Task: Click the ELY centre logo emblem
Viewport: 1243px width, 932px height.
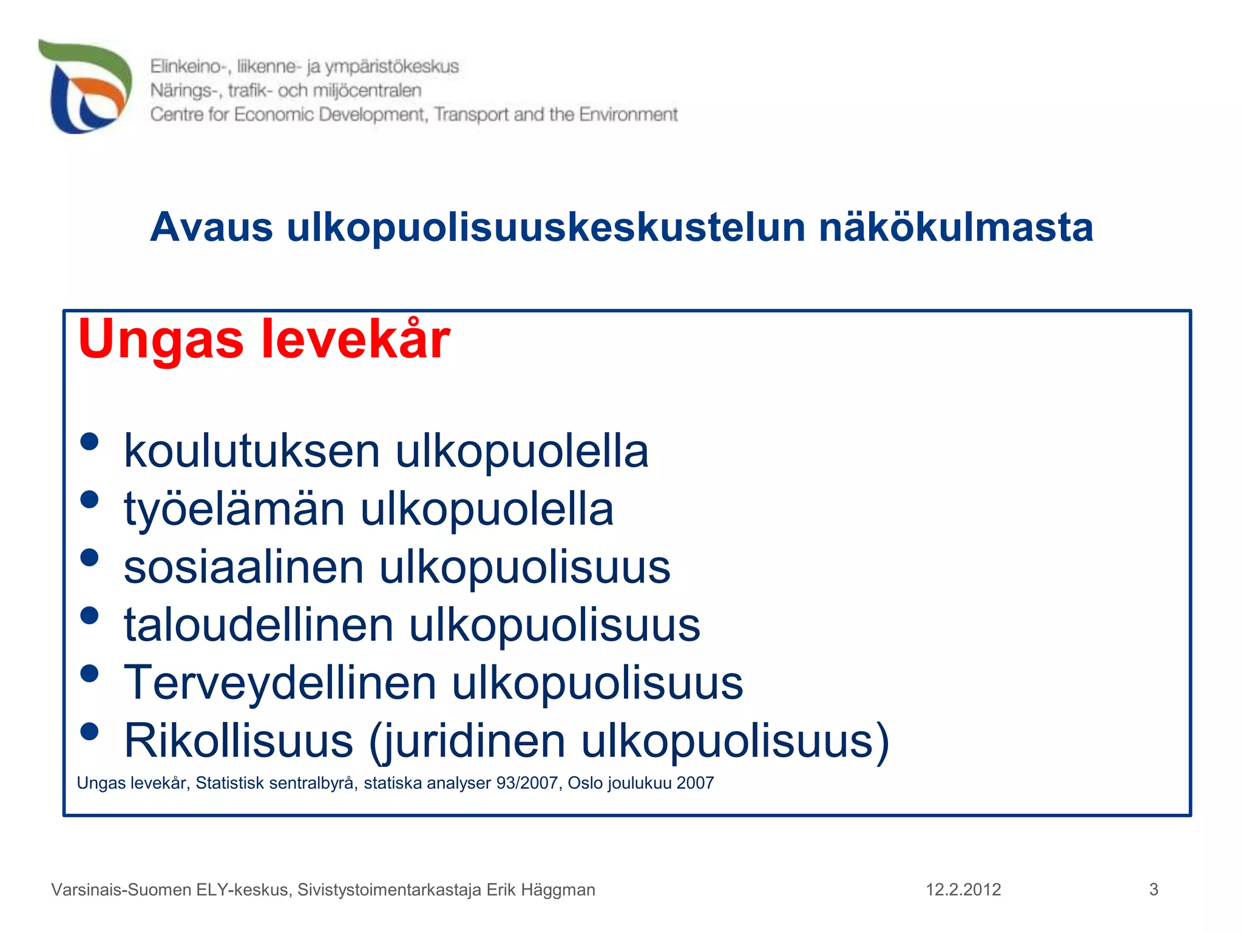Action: click(85, 86)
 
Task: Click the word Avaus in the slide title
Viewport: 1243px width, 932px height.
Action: click(211, 228)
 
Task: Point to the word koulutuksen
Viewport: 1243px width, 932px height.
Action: click(252, 451)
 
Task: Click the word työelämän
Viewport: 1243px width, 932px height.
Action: click(234, 510)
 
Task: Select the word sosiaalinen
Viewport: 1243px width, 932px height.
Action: click(244, 567)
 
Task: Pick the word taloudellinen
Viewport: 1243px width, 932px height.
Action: click(259, 625)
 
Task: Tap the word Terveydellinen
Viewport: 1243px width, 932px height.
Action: click(280, 683)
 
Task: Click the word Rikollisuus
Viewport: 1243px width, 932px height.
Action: click(239, 741)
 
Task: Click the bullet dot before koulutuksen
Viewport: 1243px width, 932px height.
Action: click(89, 441)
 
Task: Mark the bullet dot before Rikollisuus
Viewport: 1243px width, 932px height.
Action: click(89, 731)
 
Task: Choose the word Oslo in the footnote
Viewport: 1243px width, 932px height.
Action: click(585, 783)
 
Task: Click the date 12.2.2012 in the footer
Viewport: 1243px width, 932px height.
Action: click(963, 890)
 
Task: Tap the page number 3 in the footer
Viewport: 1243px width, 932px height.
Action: click(1154, 890)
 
